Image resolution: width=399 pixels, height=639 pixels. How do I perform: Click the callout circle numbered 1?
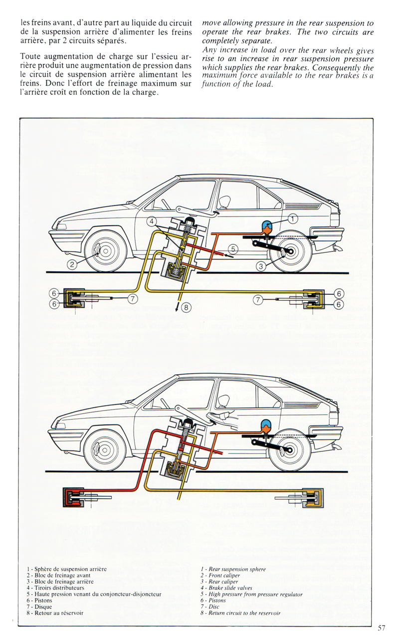[293, 217]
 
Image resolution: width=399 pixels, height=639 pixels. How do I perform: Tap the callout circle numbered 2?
[72, 265]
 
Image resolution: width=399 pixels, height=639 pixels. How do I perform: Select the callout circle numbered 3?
[260, 266]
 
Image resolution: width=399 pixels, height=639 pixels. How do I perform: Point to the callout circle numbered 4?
[152, 221]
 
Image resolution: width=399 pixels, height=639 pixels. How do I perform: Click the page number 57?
[382, 628]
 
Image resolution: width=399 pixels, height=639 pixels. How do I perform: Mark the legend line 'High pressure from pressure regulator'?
[251, 595]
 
